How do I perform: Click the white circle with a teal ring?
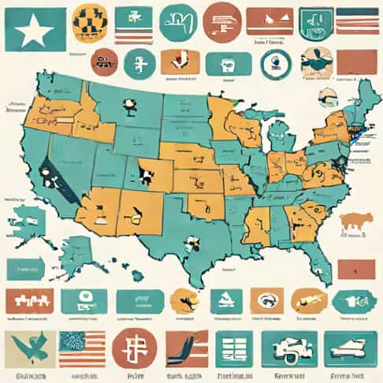(275, 63)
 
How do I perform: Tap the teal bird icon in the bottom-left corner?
(30, 347)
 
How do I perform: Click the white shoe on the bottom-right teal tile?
(349, 348)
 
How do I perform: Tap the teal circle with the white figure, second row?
(139, 63)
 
